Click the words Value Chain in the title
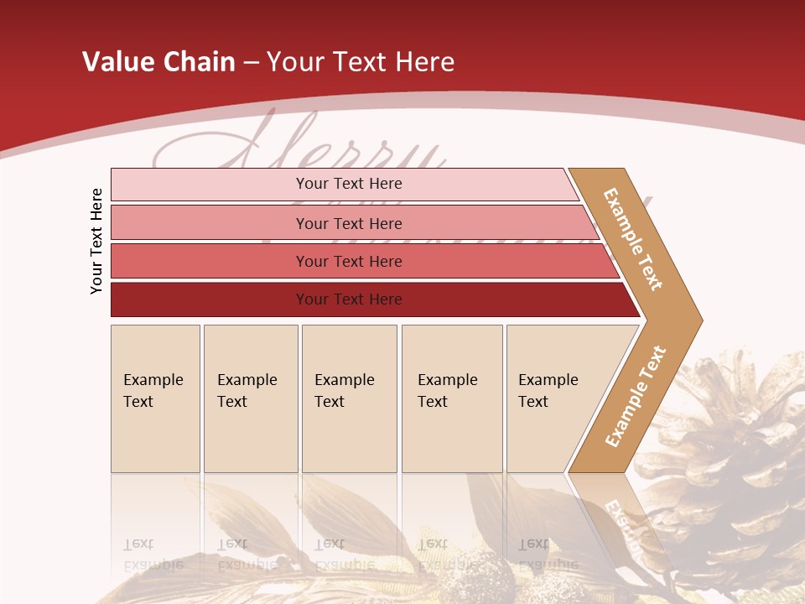158,61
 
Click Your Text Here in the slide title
361,61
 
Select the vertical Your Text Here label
96,241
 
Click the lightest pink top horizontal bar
210,185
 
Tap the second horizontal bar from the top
210,223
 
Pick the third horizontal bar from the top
210,261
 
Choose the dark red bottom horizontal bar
210,299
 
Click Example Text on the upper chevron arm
633,239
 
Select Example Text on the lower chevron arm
635,397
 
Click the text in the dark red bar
349,299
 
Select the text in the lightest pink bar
349,184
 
